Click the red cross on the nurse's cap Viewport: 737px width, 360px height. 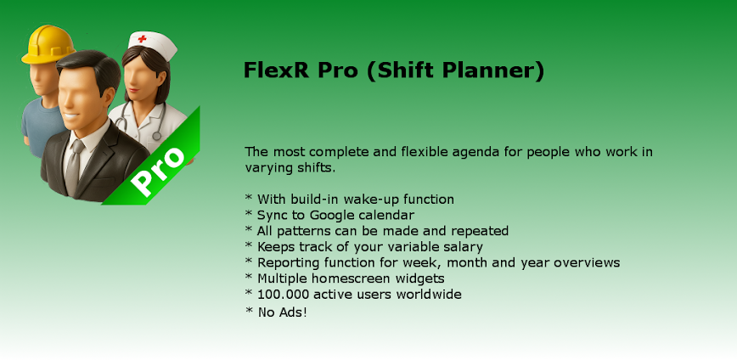click(142, 39)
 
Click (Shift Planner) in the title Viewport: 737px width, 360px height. click(455, 70)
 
